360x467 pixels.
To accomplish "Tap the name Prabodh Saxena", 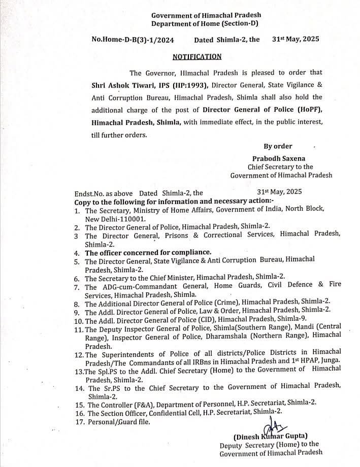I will tap(274, 158).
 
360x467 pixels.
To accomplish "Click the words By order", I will tap(278, 146).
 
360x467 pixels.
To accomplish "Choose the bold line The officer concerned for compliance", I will tap(148, 252).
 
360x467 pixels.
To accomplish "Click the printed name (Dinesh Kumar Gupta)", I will tap(271, 436).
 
